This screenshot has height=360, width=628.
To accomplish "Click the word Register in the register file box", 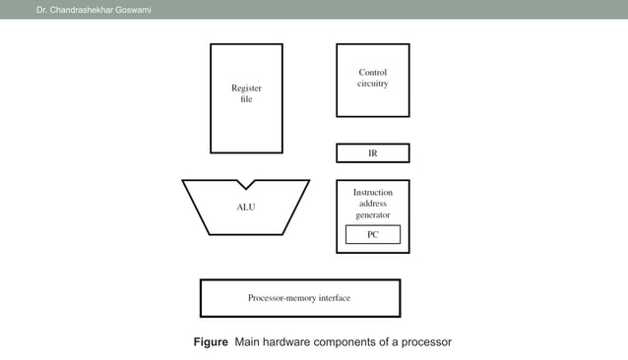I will (x=245, y=88).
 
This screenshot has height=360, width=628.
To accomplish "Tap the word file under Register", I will (x=246, y=100).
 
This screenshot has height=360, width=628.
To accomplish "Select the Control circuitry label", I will (x=372, y=78).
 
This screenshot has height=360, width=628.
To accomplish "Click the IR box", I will (x=372, y=153).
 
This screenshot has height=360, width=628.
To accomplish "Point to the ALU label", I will (x=245, y=208).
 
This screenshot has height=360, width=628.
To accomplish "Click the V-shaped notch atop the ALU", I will (x=245, y=184).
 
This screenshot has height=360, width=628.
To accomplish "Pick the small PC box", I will (x=372, y=234).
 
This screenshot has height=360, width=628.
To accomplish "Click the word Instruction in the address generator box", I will (x=372, y=192).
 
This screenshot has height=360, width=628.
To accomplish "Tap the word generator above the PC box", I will (x=372, y=214).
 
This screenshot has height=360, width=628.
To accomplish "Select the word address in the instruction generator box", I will (x=372, y=204).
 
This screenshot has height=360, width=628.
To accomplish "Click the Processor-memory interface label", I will (x=298, y=297).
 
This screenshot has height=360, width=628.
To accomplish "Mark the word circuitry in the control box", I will (x=372, y=84).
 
